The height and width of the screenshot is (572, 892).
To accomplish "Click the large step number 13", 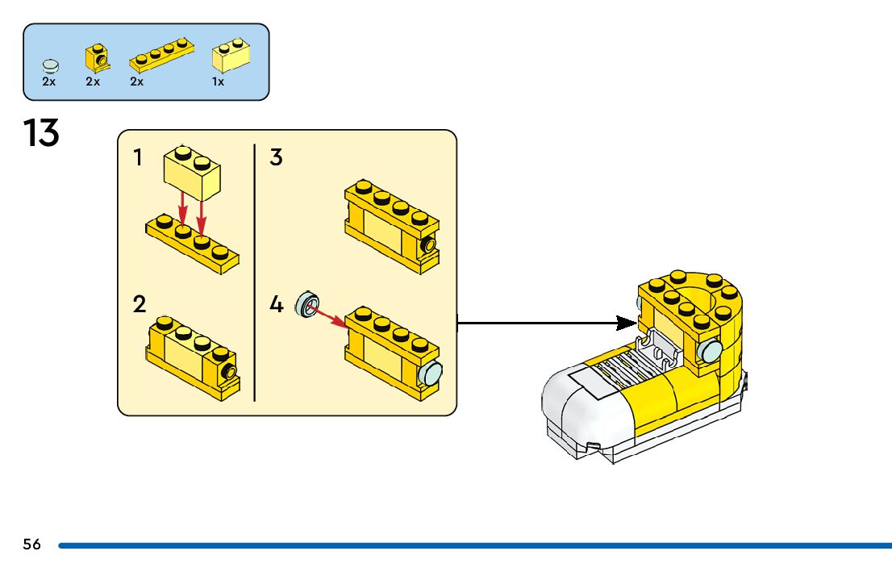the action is [41, 133].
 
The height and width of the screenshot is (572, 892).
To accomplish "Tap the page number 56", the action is [32, 545].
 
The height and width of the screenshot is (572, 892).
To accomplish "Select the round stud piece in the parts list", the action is [51, 66].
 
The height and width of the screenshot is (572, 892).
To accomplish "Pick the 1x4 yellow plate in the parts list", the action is [161, 55].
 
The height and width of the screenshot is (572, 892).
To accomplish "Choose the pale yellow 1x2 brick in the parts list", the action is [231, 55].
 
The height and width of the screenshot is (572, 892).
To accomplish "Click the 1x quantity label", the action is [218, 82].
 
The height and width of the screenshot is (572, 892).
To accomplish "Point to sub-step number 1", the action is [137, 157].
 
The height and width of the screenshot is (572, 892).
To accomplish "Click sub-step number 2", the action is [140, 304].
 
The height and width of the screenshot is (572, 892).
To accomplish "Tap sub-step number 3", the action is [276, 157].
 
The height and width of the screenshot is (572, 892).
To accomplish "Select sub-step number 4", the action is [277, 304].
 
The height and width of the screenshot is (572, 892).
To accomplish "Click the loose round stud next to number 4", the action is [307, 304].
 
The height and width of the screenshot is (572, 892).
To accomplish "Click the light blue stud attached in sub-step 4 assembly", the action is [431, 374].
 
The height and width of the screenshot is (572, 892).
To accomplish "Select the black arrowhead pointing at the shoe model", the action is [627, 324].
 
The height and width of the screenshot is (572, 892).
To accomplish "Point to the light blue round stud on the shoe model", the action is [710, 351].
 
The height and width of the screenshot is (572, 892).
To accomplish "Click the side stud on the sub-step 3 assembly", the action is [428, 245].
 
